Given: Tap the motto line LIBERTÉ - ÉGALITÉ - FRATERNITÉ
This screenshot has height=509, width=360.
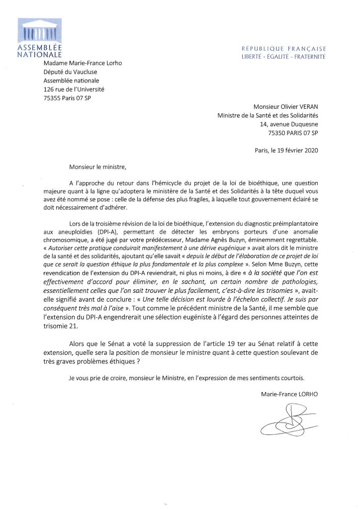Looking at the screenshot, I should coord(283,57).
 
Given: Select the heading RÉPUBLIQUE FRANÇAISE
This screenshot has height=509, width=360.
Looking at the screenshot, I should coord(283,49).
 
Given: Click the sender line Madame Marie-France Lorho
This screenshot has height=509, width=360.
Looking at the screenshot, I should coord(83,63).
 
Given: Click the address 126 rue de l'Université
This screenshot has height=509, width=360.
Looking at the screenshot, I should coord(75,89).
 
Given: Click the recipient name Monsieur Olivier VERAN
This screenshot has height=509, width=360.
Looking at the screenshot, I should coord(286,107).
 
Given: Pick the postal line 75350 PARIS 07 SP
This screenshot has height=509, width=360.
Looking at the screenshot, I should coord(289,133).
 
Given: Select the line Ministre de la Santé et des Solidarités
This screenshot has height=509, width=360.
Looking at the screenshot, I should coord(269,116).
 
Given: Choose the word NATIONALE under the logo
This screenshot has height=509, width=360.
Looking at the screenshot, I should coord(39,54).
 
